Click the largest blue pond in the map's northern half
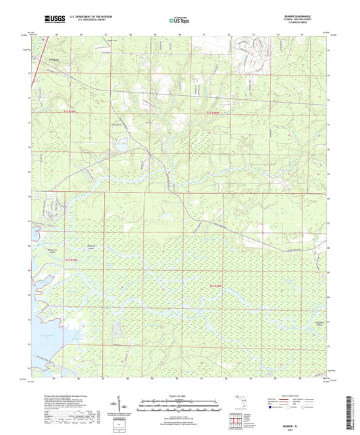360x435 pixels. (x=122, y=144)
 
